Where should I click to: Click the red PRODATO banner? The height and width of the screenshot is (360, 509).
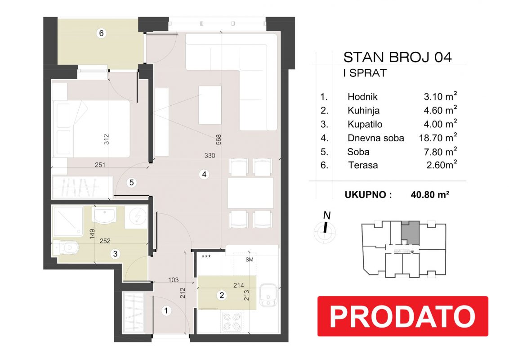[402, 316]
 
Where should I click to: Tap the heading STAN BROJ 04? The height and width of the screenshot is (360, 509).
[397, 57]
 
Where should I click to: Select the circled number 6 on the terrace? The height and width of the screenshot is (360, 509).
[101, 33]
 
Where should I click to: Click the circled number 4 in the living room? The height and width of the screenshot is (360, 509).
[204, 175]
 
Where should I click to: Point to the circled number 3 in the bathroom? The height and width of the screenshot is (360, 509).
[115, 254]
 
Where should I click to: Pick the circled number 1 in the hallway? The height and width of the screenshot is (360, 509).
[166, 311]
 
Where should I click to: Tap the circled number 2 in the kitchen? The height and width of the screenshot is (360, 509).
[222, 295]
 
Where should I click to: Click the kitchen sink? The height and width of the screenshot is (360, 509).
[268, 295]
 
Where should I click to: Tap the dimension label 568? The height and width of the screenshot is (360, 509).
[219, 139]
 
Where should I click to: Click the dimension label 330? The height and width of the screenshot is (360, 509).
[210, 156]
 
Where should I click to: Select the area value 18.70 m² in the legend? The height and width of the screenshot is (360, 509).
[438, 138]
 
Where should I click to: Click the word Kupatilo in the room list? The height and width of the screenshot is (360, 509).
[365, 124]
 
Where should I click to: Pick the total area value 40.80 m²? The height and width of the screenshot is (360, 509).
[430, 194]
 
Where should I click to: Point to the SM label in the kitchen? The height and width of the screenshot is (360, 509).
[249, 260]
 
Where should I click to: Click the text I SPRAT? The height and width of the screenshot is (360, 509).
[365, 73]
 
